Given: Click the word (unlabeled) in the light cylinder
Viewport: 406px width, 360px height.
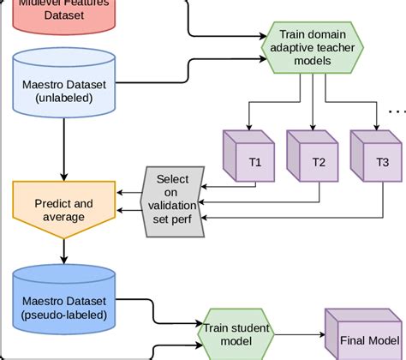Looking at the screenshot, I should pyautogui.click(x=64, y=98).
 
